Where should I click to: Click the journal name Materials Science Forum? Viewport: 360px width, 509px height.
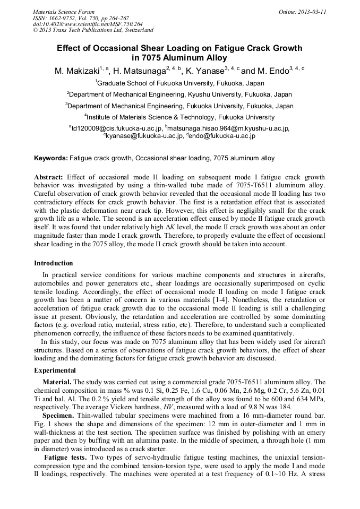click(x=64, y=11)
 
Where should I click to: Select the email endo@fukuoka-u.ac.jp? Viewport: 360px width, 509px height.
click(x=222, y=136)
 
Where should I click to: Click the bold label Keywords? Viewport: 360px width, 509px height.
click(x=51, y=158)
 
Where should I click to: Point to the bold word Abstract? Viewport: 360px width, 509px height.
click(x=49, y=177)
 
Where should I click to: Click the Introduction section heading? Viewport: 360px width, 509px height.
click(x=54, y=263)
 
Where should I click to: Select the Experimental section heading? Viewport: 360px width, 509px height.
click(x=55, y=370)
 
